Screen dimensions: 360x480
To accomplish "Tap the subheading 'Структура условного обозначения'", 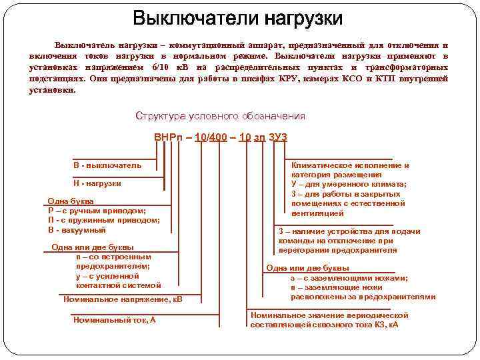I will [x=220, y=115].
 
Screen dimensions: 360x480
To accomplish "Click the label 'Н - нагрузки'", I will [x=97, y=183].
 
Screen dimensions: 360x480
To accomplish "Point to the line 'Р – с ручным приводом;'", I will [x=97, y=211].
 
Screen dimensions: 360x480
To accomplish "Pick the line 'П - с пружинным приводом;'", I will [x=104, y=220].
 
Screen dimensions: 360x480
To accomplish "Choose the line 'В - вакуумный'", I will [x=77, y=230].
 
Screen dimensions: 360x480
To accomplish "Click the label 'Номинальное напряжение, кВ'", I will [x=123, y=299].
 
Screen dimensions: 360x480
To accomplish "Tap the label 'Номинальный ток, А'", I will [x=115, y=320].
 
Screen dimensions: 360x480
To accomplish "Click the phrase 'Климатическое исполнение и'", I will [x=351, y=165].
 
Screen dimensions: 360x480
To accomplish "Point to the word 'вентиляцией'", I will [x=318, y=213].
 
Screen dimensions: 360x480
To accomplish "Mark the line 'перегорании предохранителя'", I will [x=338, y=250].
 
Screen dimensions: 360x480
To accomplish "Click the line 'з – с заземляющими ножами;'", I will [x=349, y=278].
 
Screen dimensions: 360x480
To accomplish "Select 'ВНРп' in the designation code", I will [x=168, y=137].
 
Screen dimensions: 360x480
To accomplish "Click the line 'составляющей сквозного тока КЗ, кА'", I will [x=324, y=325].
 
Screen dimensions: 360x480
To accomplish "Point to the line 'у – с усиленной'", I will [x=107, y=275].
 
